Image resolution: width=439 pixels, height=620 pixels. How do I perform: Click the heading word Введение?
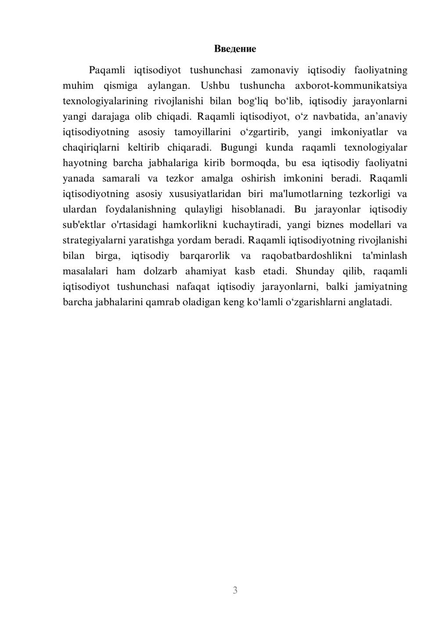(235, 49)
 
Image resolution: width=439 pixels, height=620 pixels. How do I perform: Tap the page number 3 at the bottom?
(235, 590)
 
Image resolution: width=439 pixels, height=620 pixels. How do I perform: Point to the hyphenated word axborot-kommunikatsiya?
(351, 86)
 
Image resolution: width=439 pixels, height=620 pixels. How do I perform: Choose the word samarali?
(121, 178)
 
